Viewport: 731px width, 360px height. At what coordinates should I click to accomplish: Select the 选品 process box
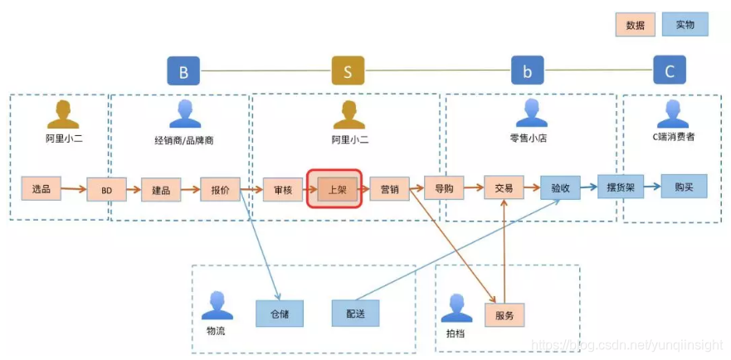(x=41, y=188)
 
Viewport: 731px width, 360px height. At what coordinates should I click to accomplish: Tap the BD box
(x=107, y=190)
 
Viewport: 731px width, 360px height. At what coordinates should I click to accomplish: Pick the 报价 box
(x=220, y=190)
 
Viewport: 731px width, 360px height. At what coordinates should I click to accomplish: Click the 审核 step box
(x=283, y=190)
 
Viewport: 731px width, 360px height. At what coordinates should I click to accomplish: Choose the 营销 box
(x=389, y=189)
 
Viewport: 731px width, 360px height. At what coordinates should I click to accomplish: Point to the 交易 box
(x=504, y=188)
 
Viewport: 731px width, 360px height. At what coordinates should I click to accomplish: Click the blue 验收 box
(x=560, y=188)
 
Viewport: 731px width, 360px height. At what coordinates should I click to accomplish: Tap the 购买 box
(x=684, y=187)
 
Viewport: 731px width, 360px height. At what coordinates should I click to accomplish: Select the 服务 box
(x=504, y=315)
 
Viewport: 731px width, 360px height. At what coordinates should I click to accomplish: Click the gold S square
(x=348, y=71)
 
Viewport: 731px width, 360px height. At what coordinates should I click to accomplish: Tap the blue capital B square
(x=183, y=71)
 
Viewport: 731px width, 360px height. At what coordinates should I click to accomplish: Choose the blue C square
(x=670, y=71)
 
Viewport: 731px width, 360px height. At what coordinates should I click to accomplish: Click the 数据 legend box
(x=636, y=24)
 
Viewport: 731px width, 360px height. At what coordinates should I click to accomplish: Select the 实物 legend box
(x=685, y=24)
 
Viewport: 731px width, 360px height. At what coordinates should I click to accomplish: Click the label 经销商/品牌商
(x=184, y=140)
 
